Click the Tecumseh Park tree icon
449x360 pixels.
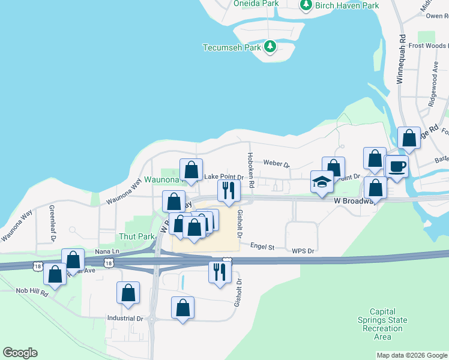tap(270, 46)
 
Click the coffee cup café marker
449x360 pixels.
tap(396, 166)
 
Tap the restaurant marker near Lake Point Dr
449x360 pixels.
tap(229, 191)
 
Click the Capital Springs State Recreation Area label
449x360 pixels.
tap(383, 324)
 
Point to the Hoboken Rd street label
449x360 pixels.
tap(251, 169)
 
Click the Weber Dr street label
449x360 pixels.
tap(276, 164)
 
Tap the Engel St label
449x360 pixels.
tap(262, 247)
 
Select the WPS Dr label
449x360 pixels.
tap(303, 251)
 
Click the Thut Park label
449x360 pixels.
tap(137, 237)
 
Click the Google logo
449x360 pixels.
tap(20, 353)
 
